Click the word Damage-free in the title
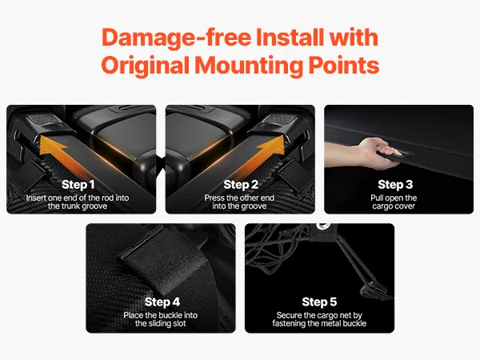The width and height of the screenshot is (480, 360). [x=176, y=38]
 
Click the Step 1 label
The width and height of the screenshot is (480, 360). [x=78, y=185]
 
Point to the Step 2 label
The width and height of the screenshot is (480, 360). [x=241, y=185]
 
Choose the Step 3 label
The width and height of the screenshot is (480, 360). [x=395, y=185]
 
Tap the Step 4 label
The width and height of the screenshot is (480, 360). [x=162, y=302]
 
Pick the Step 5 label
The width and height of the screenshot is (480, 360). [x=319, y=302]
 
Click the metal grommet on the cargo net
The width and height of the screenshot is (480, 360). [x=322, y=226]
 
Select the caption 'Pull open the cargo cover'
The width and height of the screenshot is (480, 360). [x=394, y=202]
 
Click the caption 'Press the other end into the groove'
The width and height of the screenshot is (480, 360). [x=239, y=202]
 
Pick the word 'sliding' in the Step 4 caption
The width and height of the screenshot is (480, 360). [x=160, y=323]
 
